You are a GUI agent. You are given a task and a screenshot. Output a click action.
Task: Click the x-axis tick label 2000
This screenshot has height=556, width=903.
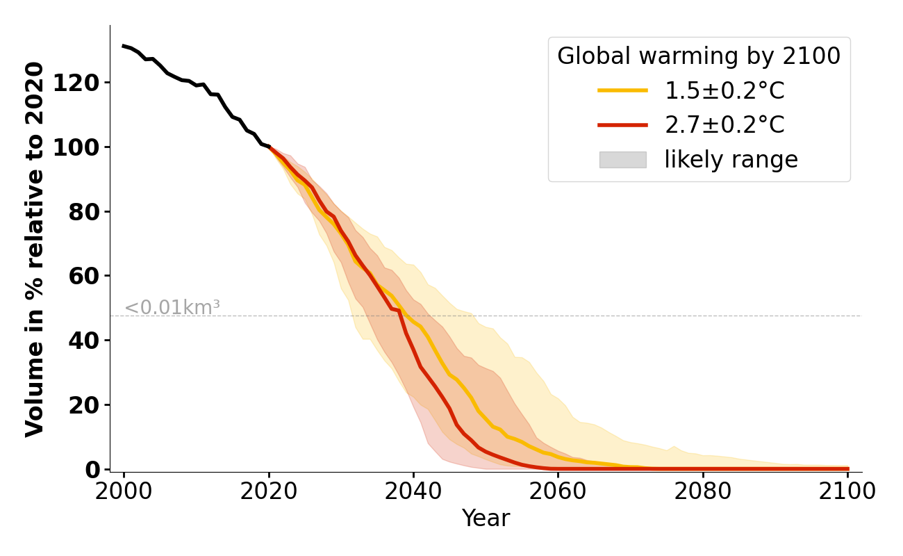[x=124, y=491]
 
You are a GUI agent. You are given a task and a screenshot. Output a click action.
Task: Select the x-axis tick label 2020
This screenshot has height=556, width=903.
[x=269, y=491]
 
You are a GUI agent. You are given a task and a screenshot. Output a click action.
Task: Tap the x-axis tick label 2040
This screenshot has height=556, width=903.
[x=413, y=491]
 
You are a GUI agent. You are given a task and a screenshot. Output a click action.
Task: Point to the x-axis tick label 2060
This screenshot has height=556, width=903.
[x=558, y=491]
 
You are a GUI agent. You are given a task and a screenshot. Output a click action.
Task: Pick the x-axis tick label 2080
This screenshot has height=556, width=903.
[x=703, y=491]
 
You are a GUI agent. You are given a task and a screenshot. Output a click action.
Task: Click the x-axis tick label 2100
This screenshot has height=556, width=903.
[x=847, y=491]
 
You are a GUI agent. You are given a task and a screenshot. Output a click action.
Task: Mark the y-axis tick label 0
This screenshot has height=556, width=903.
[x=92, y=469]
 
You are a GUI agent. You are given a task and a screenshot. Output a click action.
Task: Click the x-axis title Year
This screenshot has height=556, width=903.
[x=486, y=518]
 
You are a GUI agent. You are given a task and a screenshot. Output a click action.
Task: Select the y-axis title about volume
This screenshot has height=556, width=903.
[x=35, y=249]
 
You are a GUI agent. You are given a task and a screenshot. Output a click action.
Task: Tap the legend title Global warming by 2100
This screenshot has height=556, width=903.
[x=699, y=56]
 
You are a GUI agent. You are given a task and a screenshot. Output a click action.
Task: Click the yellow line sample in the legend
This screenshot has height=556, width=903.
[x=622, y=90]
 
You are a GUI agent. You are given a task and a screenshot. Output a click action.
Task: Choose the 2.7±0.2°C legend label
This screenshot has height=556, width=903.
[x=724, y=125]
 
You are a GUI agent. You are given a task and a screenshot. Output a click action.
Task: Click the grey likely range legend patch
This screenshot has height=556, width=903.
[x=622, y=160]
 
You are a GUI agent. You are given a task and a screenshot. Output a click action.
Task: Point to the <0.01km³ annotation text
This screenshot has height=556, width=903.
[x=172, y=307]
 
